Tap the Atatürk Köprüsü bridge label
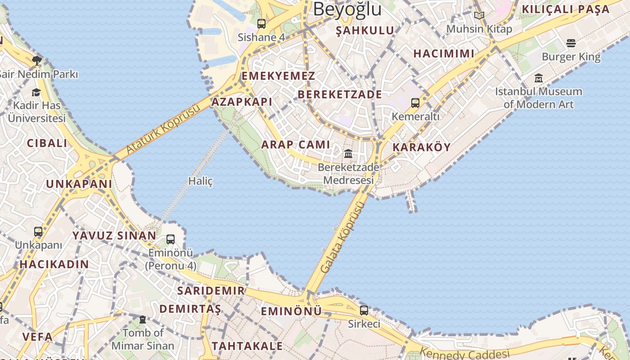163,129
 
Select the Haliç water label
200,181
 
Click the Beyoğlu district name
347,9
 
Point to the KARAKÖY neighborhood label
421,147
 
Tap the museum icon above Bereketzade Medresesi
348,154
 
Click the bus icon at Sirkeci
364,310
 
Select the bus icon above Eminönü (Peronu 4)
171,239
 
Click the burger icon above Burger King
571,43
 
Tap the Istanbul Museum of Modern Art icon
539,78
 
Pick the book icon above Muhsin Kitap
479,16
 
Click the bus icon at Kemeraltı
415,103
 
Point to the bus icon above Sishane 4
261,24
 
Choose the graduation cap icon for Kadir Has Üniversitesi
36,92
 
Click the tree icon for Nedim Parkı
37,60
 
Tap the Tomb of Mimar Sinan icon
143,319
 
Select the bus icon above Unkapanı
38,232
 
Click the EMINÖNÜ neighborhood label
291,311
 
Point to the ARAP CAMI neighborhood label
296,144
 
